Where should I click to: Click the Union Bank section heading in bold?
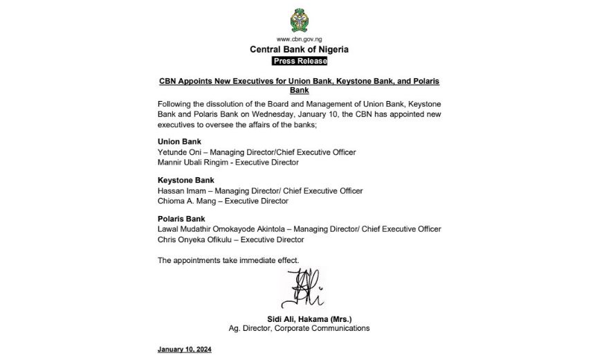click(x=179, y=141)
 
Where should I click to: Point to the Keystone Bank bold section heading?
click(x=185, y=181)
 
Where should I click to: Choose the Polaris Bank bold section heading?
click(x=181, y=219)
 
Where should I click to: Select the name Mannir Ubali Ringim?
click(x=194, y=161)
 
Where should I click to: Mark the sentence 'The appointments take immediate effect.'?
click(x=228, y=260)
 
